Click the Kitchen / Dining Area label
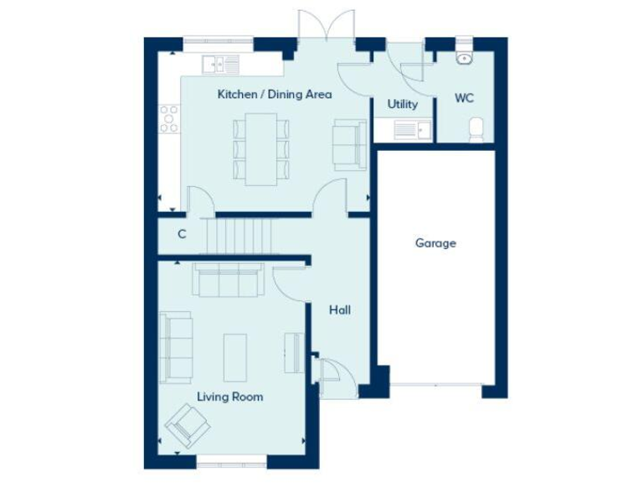274,94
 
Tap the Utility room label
402,105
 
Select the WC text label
464,98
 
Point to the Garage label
435,243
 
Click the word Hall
339,310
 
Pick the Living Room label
229,397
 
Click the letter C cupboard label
182,235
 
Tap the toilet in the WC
476,130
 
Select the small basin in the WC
464,58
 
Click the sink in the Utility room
404,130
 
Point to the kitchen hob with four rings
170,118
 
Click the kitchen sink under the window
220,64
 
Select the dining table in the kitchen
260,148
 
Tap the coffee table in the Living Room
235,352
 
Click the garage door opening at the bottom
435,386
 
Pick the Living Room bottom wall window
232,460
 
